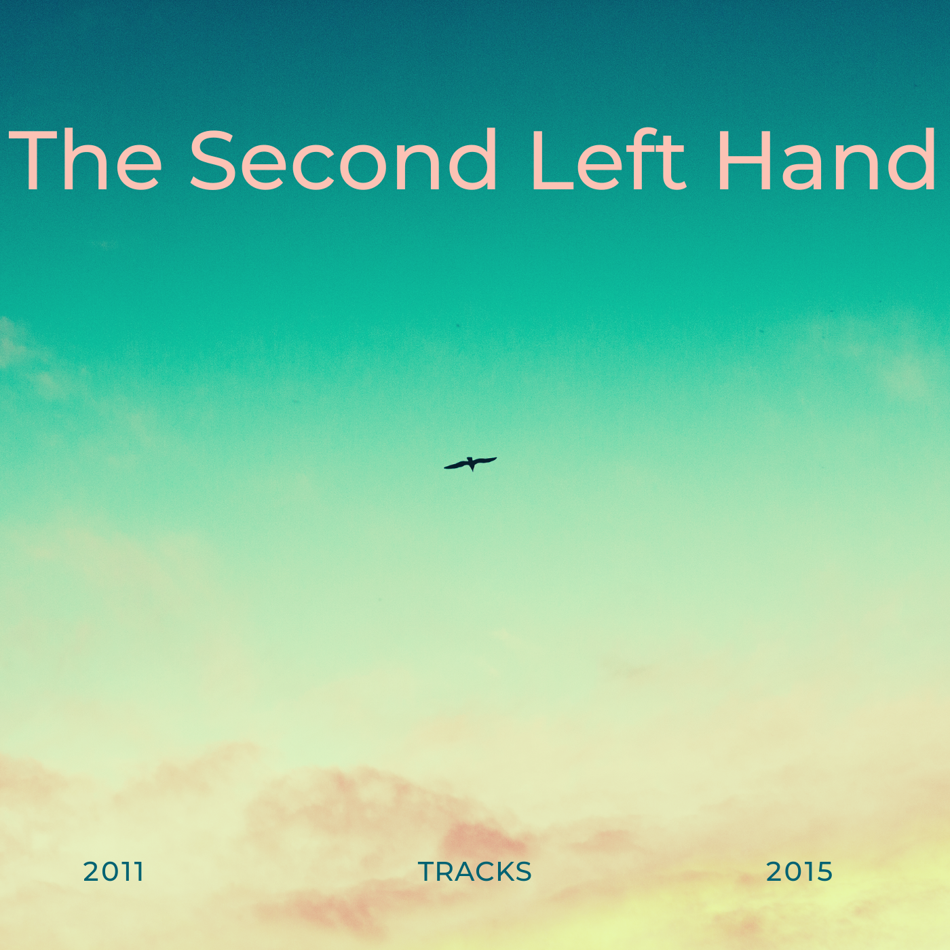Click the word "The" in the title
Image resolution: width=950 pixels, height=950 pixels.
pyautogui.click(x=85, y=159)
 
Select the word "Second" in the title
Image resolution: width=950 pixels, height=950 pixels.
pyautogui.click(x=343, y=159)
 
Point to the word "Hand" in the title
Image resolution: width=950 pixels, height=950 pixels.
pyautogui.click(x=826, y=159)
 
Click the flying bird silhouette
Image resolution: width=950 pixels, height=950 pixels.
pyautogui.click(x=470, y=463)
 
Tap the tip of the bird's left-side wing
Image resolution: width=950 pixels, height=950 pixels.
pyautogui.click(x=444, y=468)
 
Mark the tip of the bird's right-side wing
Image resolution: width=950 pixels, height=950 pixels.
pyautogui.click(x=496, y=459)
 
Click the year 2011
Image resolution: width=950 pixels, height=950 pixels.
pyautogui.click(x=113, y=872)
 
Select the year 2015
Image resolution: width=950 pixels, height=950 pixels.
pyautogui.click(x=799, y=872)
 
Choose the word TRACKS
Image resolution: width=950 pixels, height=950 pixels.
pyautogui.click(x=475, y=872)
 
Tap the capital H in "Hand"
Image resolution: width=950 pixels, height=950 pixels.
pyautogui.click(x=744, y=159)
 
